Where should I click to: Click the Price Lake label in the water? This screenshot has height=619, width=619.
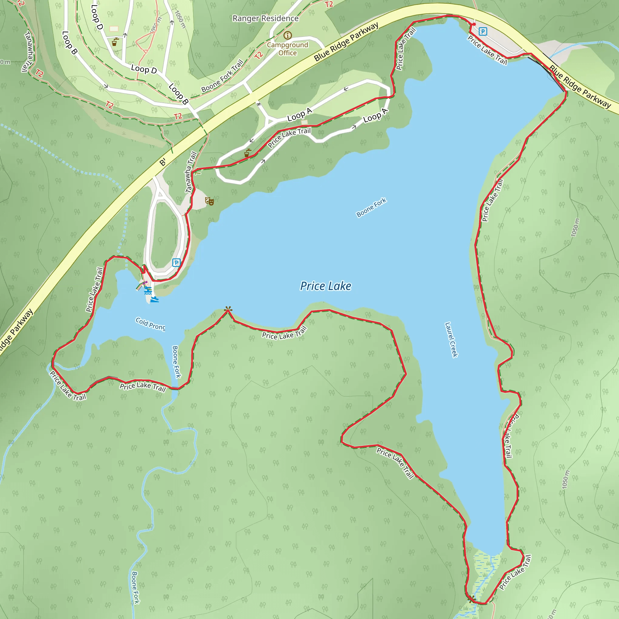click(x=326, y=286)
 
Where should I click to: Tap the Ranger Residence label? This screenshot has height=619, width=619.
click(x=265, y=18)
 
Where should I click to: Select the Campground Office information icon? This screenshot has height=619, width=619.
click(x=287, y=35)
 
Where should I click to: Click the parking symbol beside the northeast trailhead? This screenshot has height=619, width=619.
click(x=482, y=31)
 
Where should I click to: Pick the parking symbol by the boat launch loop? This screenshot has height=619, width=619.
click(x=176, y=263)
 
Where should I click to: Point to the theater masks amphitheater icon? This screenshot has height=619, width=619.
click(x=209, y=201)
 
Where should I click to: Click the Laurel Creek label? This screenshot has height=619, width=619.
click(x=452, y=340)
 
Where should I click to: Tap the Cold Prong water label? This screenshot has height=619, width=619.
click(x=150, y=324)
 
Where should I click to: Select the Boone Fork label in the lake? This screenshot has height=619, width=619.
click(x=371, y=208)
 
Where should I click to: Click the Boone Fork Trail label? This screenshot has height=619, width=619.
click(x=222, y=76)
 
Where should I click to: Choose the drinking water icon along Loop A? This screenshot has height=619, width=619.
click(x=247, y=153)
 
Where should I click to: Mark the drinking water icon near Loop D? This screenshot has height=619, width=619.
click(x=115, y=42)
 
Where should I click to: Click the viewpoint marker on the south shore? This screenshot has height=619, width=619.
click(x=228, y=309)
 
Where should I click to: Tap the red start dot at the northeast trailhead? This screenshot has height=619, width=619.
click(x=474, y=24)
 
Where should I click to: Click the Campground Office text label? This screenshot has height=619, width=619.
click(x=287, y=49)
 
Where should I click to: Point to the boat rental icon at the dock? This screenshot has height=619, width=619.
click(x=154, y=300)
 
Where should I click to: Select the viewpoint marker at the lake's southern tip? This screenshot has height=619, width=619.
click(x=471, y=599)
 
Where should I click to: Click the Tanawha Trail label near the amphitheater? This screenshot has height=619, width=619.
click(x=191, y=172)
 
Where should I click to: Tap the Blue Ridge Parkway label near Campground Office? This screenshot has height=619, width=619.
click(x=346, y=41)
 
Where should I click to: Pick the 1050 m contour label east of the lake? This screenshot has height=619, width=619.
click(x=575, y=228)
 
